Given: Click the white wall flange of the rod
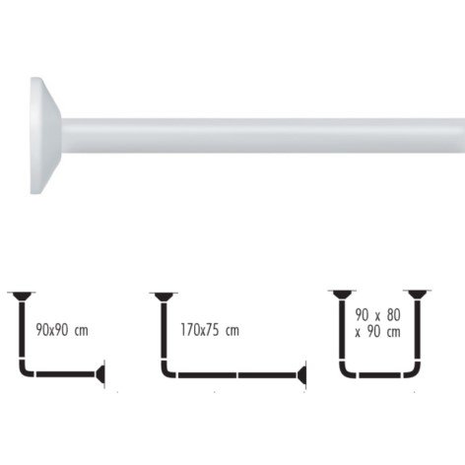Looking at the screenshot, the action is pos(45,135).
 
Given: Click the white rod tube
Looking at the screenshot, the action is pos(263,135).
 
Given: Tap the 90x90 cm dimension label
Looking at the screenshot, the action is pos(62,330).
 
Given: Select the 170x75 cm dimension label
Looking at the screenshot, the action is pos(210,330).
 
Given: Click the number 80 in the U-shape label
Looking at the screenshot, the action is pos(393,315).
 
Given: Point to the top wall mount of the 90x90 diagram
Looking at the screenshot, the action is pos(22,297).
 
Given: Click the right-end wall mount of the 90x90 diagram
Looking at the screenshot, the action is pos(100,374).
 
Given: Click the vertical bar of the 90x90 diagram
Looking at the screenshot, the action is pos(22,329).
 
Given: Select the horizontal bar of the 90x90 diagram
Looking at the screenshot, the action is pos(66,374).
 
